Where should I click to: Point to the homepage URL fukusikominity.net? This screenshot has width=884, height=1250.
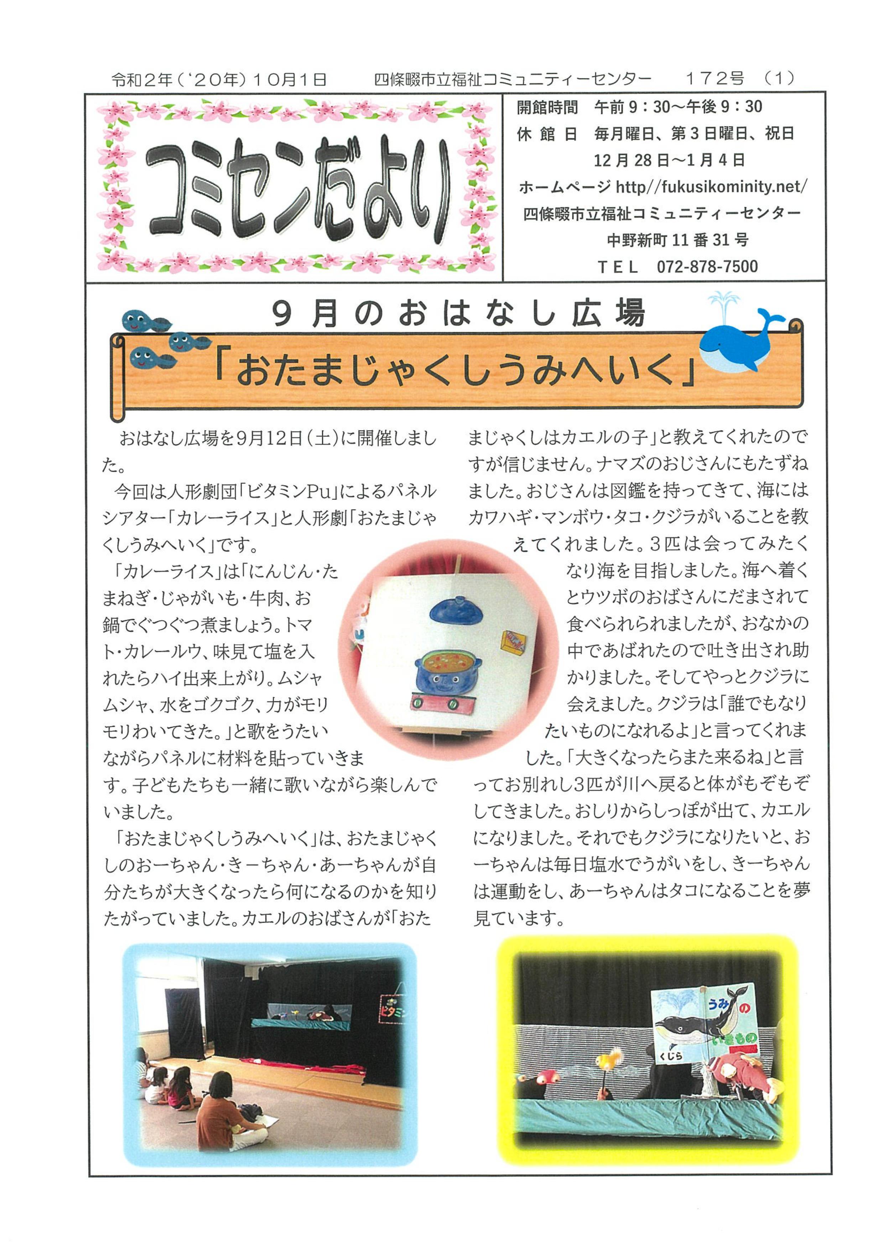click(x=711, y=187)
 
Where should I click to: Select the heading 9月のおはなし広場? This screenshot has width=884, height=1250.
click(x=458, y=314)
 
